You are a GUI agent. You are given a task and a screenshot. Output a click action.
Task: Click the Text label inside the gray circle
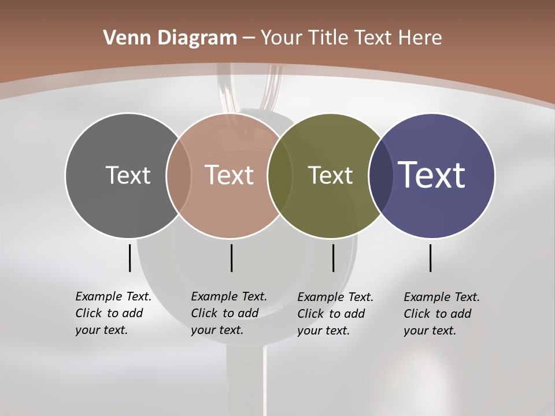point(128,175)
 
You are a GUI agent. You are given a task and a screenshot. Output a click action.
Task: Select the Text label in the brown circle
point(229,175)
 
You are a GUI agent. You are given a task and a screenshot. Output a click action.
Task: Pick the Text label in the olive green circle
point(330,175)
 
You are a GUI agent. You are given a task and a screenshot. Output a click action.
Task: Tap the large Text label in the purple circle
point(432,175)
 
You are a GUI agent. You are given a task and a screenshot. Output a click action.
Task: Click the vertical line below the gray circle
point(130,258)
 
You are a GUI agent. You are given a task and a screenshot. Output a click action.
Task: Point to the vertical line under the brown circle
point(231,258)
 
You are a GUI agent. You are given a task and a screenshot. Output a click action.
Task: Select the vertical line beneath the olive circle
point(333,258)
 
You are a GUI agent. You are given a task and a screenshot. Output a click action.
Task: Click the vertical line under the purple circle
point(431,258)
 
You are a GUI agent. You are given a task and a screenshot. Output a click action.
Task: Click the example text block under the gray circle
point(113,313)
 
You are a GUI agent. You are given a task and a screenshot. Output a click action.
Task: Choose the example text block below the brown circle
point(228,313)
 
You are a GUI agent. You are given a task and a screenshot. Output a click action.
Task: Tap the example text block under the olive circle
point(335,314)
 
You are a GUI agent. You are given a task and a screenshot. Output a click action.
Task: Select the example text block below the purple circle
point(441,314)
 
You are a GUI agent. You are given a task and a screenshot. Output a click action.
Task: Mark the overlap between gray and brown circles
point(179,175)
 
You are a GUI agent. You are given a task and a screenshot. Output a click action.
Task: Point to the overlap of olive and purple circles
point(380,175)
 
